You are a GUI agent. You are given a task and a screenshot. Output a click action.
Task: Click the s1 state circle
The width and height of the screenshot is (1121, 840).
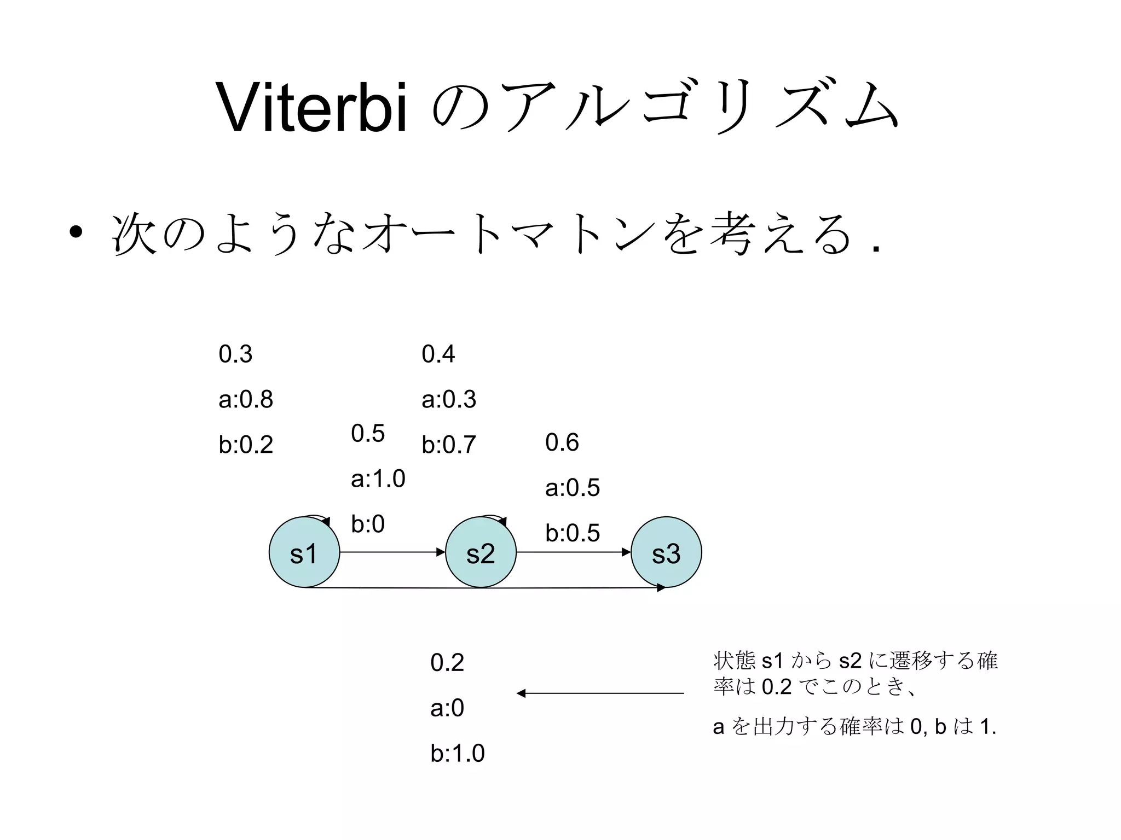point(304,552)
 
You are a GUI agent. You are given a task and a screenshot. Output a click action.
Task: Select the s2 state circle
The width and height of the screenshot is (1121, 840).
point(481,552)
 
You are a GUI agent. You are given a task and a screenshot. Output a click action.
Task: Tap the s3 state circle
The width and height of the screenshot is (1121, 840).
point(666,552)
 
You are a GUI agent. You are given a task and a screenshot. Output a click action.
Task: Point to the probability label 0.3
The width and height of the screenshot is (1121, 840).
point(235,354)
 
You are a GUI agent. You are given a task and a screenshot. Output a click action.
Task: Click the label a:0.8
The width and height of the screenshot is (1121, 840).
point(246,400)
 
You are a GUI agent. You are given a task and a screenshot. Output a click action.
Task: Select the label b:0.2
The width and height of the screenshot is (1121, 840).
point(246,445)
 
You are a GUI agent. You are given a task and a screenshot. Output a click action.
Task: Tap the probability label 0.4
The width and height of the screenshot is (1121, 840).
point(438,354)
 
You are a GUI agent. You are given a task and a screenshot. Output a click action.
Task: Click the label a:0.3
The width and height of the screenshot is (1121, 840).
point(449,400)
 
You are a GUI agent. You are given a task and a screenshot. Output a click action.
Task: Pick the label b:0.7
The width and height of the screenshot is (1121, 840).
point(449,445)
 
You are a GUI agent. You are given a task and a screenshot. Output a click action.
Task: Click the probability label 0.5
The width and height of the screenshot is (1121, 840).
point(368,434)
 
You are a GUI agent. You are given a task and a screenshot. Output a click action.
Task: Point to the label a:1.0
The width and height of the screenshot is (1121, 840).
point(378,479)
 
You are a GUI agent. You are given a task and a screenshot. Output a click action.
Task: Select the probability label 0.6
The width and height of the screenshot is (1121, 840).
point(562,442)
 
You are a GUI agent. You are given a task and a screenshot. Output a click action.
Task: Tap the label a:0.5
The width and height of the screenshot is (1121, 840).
point(573,488)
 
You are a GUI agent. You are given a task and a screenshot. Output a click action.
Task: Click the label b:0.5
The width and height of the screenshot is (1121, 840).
point(573,533)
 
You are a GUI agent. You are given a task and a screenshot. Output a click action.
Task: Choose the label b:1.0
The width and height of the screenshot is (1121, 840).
point(458,754)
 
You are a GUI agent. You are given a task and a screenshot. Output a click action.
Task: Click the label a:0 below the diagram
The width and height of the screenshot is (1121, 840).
point(447,708)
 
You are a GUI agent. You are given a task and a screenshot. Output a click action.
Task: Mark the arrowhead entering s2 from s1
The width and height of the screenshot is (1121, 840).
point(441,552)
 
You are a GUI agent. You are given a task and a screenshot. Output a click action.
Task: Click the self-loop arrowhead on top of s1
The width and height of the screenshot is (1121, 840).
point(326,522)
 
